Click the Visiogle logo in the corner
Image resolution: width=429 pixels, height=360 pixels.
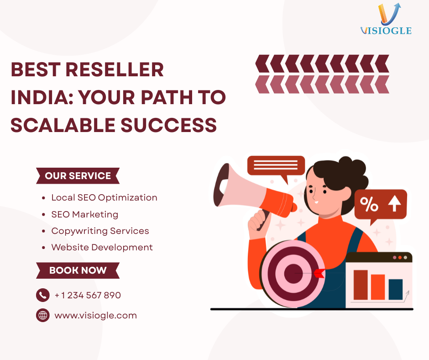point(386,20)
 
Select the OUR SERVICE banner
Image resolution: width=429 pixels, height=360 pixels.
point(78,175)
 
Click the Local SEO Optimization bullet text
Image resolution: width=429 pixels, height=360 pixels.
point(104,197)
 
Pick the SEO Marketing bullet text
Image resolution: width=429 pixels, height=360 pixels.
point(84,214)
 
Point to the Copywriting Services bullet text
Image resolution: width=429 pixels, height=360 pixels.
point(100,231)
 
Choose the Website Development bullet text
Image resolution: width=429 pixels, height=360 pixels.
point(102,247)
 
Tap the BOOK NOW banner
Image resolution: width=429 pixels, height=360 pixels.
point(78,270)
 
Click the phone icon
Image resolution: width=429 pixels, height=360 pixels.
point(42,295)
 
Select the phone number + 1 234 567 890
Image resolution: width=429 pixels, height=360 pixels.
point(88,295)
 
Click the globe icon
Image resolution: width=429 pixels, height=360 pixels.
point(42,315)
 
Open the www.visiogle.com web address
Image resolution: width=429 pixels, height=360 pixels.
point(95,315)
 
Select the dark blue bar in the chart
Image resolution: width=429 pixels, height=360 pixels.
point(395,289)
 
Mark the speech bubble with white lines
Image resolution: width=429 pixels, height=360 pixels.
point(276,165)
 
